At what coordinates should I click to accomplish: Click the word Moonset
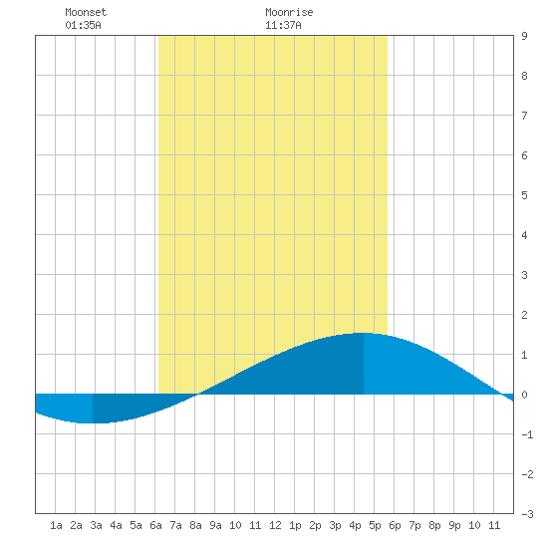coord(86,12)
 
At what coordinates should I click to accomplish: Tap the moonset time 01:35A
coord(83,25)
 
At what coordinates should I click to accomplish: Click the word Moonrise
coord(289,12)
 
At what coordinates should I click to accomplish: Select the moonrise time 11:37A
coord(283,25)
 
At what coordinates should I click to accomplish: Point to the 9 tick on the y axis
coord(524,36)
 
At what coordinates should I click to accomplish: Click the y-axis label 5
coord(524,195)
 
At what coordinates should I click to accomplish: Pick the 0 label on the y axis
coord(524,395)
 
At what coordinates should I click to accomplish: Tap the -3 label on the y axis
coord(527,514)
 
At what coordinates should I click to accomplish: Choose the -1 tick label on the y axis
coord(527,434)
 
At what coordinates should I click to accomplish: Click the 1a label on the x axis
coord(56,525)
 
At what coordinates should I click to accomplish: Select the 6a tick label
coord(155,525)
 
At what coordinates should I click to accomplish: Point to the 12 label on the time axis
coord(275,525)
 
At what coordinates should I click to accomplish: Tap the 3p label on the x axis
coord(335,525)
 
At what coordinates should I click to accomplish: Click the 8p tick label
coord(434,525)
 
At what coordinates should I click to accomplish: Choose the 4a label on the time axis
coord(116,525)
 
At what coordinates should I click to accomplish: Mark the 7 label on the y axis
coord(524,116)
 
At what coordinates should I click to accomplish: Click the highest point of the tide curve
coord(363,333)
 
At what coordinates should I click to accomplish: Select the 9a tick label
coord(215,525)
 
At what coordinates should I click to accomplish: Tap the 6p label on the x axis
coord(395,525)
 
